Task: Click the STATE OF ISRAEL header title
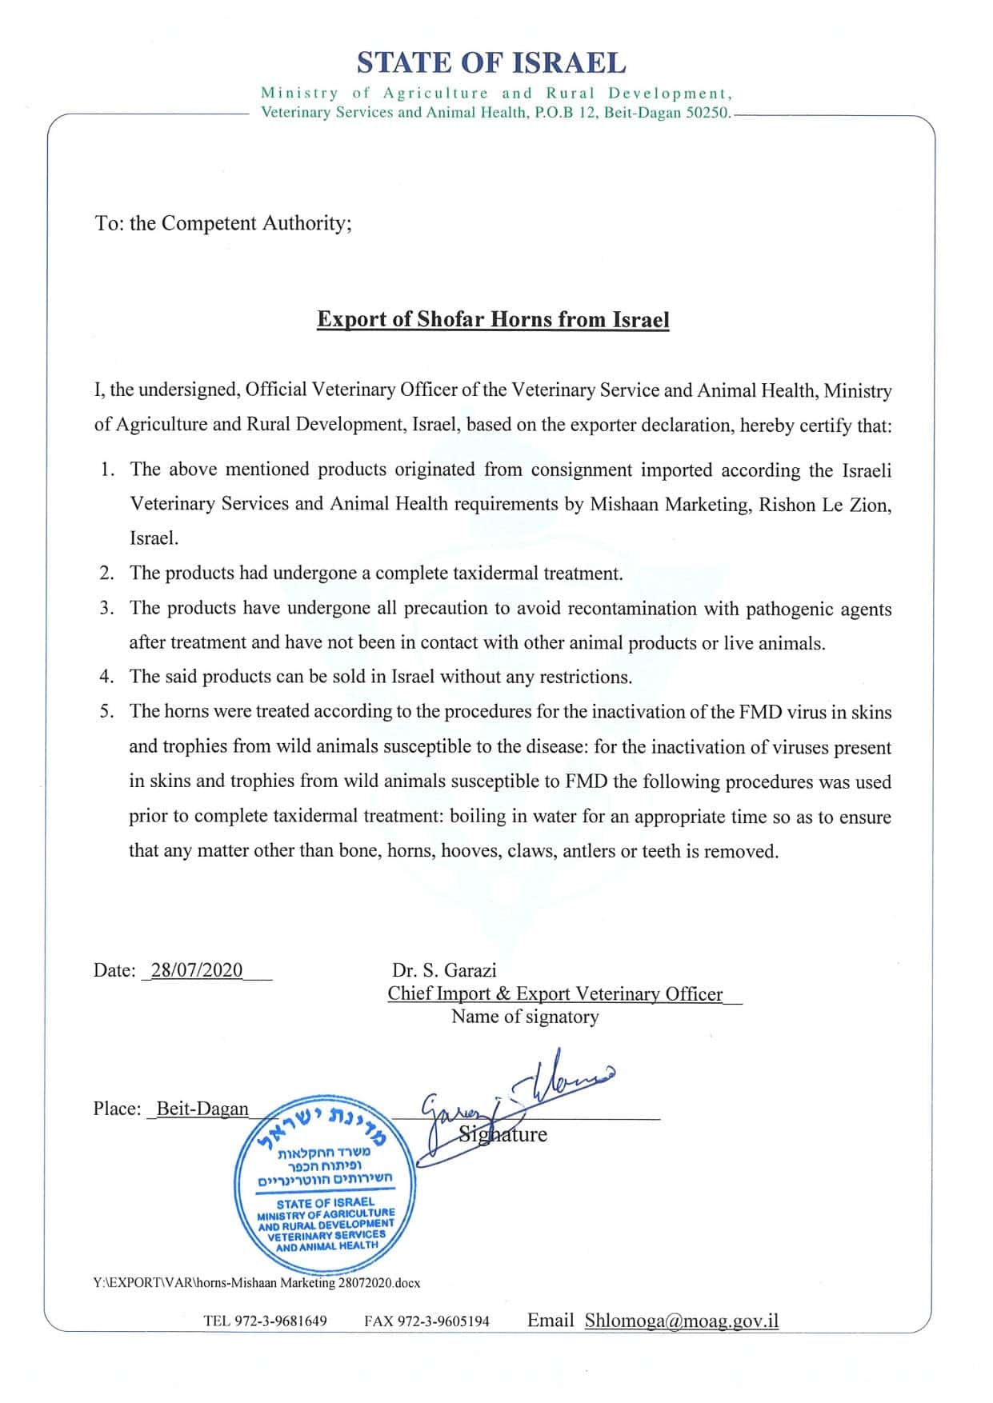(491, 62)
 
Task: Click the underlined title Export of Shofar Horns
(493, 319)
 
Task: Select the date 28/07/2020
(197, 970)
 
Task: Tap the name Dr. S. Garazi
(444, 970)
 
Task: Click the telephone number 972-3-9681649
(280, 1321)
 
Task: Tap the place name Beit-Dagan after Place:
(202, 1109)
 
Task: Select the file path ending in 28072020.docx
(256, 1282)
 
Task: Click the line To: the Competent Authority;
(223, 223)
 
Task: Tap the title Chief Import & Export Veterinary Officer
(555, 993)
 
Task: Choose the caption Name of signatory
(525, 1017)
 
